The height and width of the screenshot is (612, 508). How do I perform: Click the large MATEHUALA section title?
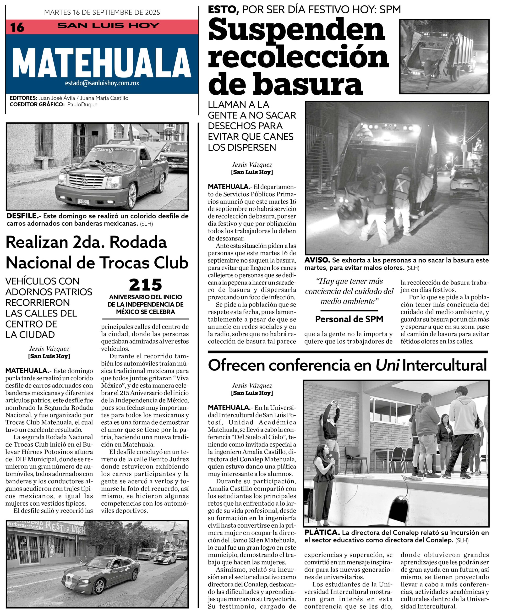tap(102, 63)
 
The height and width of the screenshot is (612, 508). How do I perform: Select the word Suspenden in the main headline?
tap(296, 30)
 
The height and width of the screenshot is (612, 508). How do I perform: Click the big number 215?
tap(145, 285)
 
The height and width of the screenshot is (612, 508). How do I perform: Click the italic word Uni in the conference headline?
tap(387, 365)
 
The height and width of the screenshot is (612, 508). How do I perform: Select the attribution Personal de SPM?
tap(349, 319)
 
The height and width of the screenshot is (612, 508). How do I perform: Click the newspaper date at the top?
tap(102, 12)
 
